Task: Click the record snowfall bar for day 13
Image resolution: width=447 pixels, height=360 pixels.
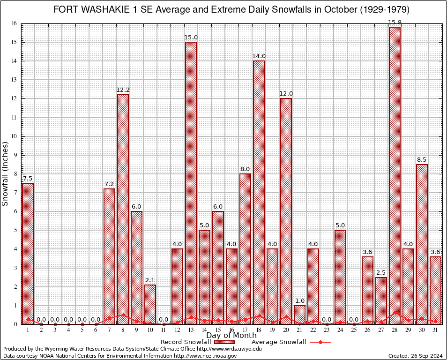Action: click(191, 183)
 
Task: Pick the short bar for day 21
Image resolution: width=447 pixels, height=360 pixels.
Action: click(299, 315)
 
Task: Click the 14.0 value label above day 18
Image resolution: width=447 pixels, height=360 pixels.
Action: click(259, 56)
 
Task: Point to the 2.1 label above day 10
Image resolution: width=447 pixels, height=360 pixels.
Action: click(150, 280)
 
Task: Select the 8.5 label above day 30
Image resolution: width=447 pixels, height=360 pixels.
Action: click(422, 160)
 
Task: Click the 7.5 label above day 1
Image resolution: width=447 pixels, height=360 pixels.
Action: click(28, 179)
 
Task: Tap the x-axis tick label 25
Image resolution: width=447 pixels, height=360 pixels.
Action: click(354, 330)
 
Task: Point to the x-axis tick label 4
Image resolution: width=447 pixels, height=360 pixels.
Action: click(68, 330)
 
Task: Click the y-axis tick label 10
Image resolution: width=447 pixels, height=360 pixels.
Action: click(14, 136)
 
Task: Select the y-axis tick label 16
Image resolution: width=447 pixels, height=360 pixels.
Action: click(14, 23)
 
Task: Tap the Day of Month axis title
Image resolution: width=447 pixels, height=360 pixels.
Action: click(231, 335)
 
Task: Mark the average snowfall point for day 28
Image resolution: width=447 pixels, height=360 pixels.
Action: click(395, 312)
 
